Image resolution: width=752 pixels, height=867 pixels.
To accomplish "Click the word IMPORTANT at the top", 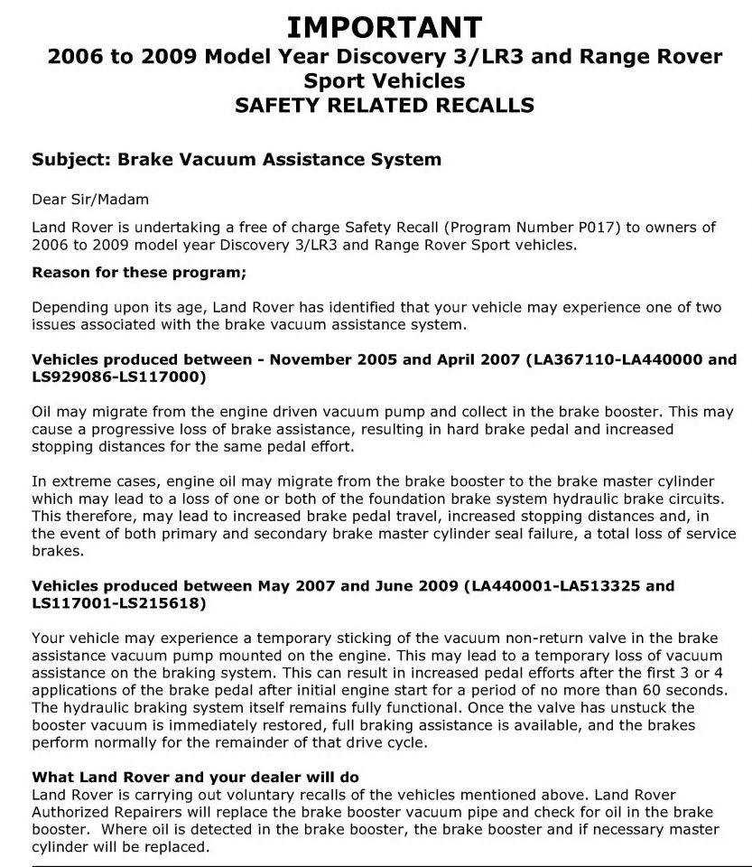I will (384, 25).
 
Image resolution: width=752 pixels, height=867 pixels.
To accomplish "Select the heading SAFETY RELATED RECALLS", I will (384, 105).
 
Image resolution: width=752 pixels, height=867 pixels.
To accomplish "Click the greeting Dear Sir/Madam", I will (79, 200).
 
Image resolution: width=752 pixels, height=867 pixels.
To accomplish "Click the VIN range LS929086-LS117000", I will (118, 376).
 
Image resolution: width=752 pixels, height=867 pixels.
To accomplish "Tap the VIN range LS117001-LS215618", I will (118, 602).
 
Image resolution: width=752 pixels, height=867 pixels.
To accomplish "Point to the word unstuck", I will (659, 707).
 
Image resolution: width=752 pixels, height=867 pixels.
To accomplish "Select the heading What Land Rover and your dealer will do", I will (195, 777).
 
